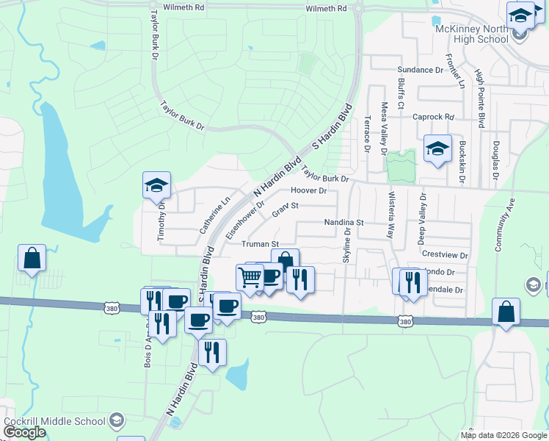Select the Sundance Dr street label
pos(421,70)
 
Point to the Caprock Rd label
pos(434,117)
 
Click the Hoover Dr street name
pos(308,191)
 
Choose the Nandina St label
pos(344,222)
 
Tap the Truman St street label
pos(261,244)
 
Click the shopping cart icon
pos(250,277)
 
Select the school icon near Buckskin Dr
pos(437,148)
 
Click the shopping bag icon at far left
pos(32,258)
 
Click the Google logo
pos(24,432)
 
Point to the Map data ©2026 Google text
pos(503,435)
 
